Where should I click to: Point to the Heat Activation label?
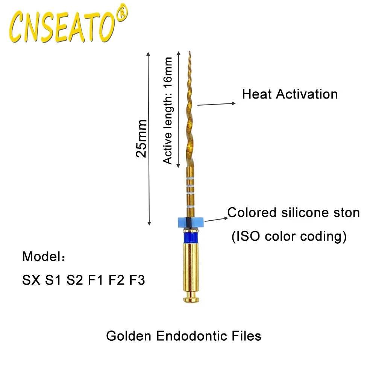click(x=290, y=94)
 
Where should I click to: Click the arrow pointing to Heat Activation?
click(x=216, y=104)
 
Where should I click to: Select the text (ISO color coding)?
click(x=288, y=237)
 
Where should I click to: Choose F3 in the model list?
click(x=137, y=280)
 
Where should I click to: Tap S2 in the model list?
click(x=74, y=280)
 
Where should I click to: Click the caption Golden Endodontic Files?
click(x=183, y=335)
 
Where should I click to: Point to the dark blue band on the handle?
click(x=190, y=237)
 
